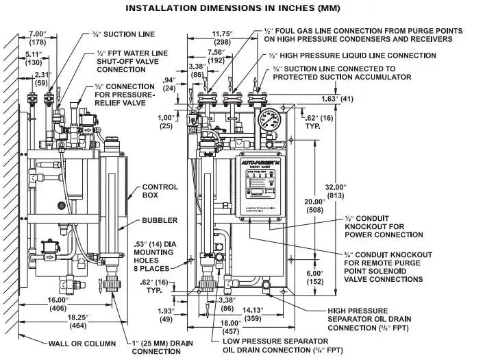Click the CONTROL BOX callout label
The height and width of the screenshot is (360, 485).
[160, 191]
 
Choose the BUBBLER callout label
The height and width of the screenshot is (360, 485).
[159, 220]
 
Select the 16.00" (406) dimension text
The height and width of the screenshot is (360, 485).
[59, 304]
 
